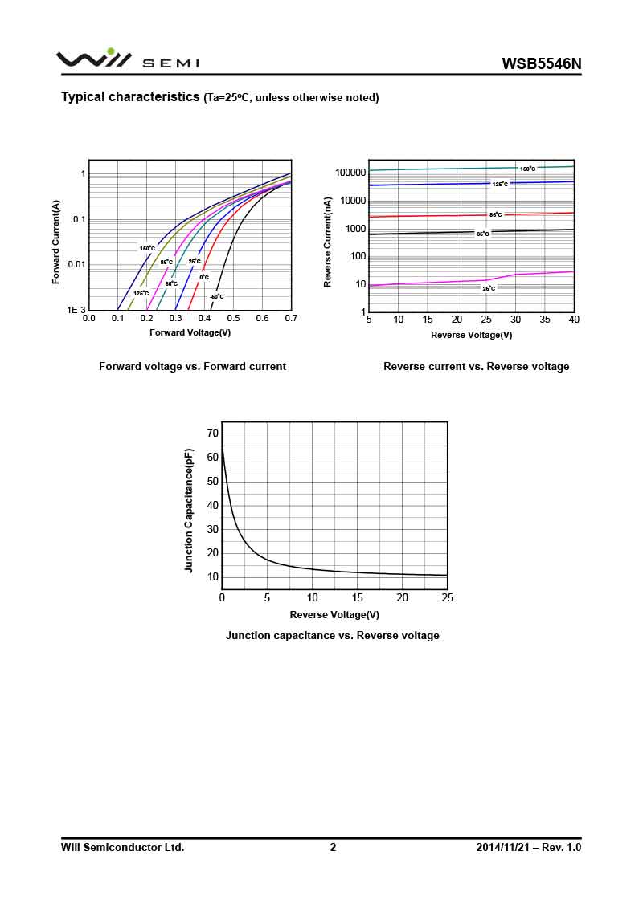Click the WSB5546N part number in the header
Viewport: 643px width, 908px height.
point(541,63)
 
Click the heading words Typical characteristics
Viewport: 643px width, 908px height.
point(130,97)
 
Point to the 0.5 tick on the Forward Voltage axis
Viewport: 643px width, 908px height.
point(233,319)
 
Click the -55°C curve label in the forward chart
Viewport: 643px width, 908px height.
point(216,297)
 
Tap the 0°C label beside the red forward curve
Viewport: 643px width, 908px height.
point(204,278)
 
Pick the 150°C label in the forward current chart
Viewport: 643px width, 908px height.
point(147,249)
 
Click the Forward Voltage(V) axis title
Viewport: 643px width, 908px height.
point(190,332)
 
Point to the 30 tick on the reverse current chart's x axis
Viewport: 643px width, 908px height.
point(515,320)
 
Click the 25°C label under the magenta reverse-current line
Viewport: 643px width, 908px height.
point(489,288)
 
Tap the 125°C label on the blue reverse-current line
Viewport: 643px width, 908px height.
point(500,185)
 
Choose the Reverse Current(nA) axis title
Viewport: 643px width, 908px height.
point(328,242)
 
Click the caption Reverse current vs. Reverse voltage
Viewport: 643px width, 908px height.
point(476,367)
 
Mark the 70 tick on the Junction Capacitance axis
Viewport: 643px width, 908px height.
point(212,434)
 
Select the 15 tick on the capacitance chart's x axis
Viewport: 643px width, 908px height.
point(358,597)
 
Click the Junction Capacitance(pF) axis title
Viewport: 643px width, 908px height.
point(190,511)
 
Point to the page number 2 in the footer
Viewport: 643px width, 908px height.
point(333,847)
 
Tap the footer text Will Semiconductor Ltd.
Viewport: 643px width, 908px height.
point(122,847)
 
